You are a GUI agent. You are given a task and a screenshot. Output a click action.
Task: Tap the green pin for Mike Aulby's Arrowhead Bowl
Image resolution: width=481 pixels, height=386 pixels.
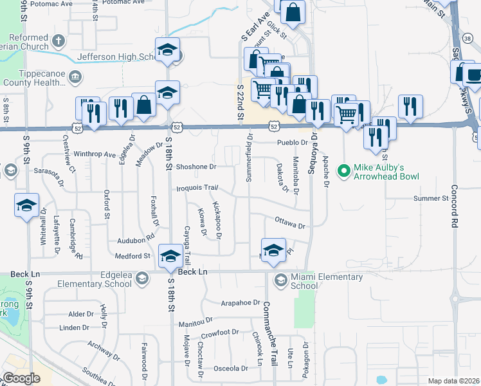pos(343,171)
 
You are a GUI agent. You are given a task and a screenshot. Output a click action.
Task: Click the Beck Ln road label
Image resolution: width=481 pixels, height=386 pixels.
pos(193,272)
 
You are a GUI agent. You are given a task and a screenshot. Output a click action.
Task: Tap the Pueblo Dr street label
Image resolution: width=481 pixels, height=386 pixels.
pos(293,142)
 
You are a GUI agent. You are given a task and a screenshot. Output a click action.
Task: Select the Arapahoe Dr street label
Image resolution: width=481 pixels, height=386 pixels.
pos(239,302)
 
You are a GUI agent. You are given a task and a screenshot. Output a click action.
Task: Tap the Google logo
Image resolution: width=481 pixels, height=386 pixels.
pos(21,378)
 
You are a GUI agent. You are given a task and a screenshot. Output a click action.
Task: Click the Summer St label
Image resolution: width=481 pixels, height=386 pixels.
pos(430,198)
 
